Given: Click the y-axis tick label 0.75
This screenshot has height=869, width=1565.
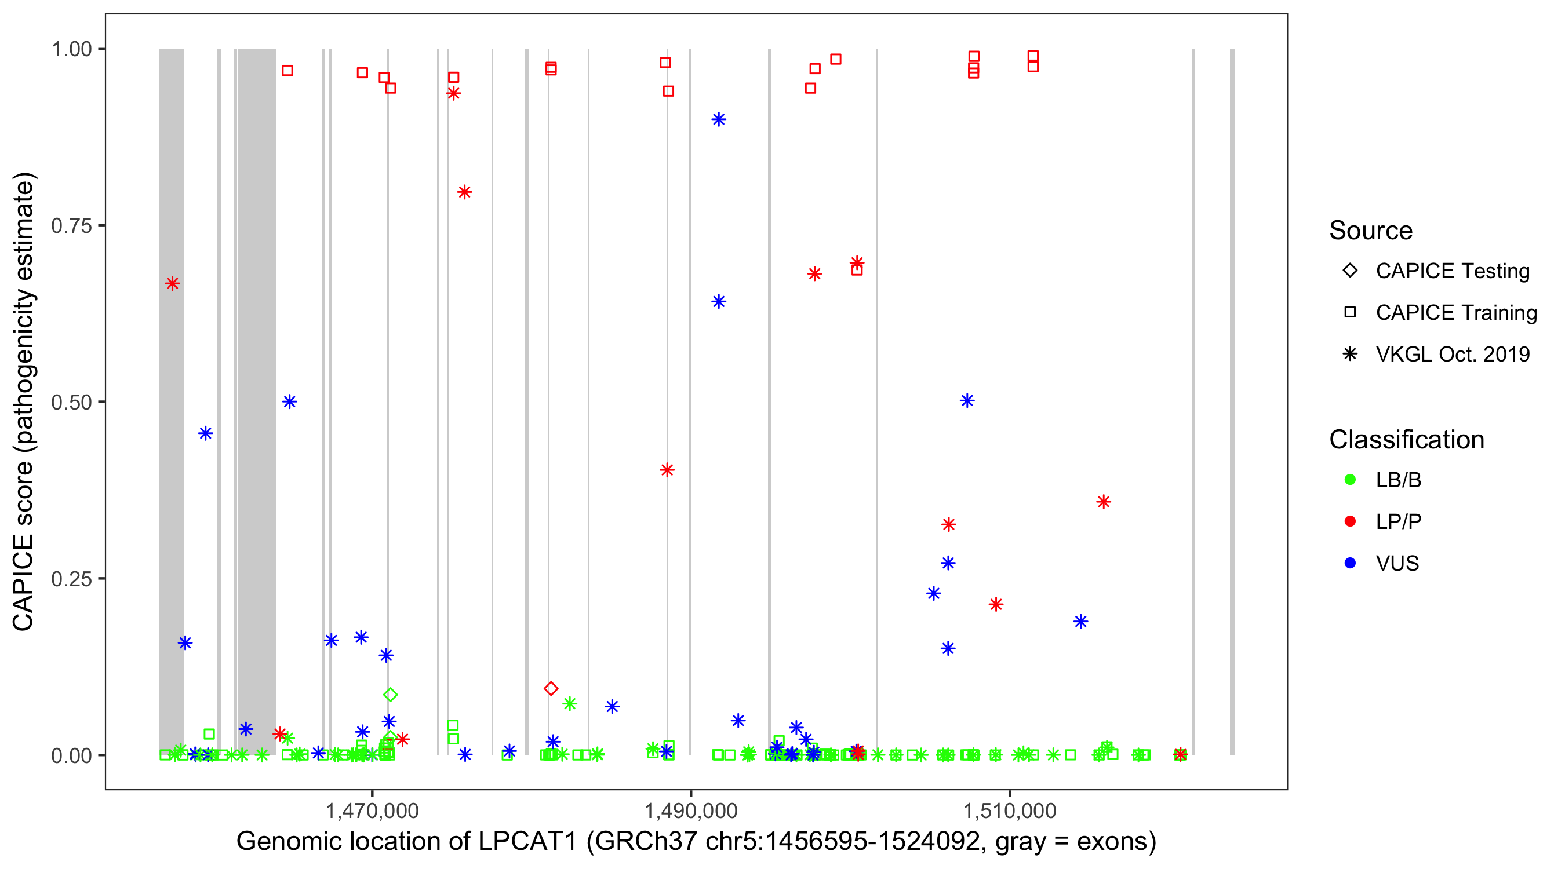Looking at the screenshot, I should coord(71,225).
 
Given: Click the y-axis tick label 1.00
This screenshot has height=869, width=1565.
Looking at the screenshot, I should coord(71,49).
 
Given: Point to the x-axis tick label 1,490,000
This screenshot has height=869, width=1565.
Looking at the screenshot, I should coord(691,810).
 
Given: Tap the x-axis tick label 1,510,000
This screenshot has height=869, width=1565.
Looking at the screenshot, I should coord(1010,810).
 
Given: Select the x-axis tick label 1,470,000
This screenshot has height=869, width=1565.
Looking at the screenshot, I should coord(372,810).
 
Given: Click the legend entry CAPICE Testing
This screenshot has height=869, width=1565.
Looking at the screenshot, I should coord(1452,271).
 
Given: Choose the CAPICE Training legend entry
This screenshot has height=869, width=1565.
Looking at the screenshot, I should coord(1455,313).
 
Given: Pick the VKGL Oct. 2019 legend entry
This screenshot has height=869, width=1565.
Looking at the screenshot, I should coord(1452,355).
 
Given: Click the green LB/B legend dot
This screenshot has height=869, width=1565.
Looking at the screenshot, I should coord(1350,480).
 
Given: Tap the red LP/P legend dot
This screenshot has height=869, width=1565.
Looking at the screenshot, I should coord(1350,521).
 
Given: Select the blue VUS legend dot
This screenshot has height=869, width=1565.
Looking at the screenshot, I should coord(1350,564).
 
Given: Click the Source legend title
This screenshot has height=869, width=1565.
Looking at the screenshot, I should coord(1371,231).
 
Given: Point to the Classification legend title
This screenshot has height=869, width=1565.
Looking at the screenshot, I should coord(1406,440).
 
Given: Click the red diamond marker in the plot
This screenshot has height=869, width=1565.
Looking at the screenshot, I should coord(551,688).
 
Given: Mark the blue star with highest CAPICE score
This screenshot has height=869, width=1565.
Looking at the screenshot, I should coord(719,119).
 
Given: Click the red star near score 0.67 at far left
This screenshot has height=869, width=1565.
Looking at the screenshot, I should coord(173,284).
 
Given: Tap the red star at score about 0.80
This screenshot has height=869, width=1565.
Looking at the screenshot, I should coord(465,192).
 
